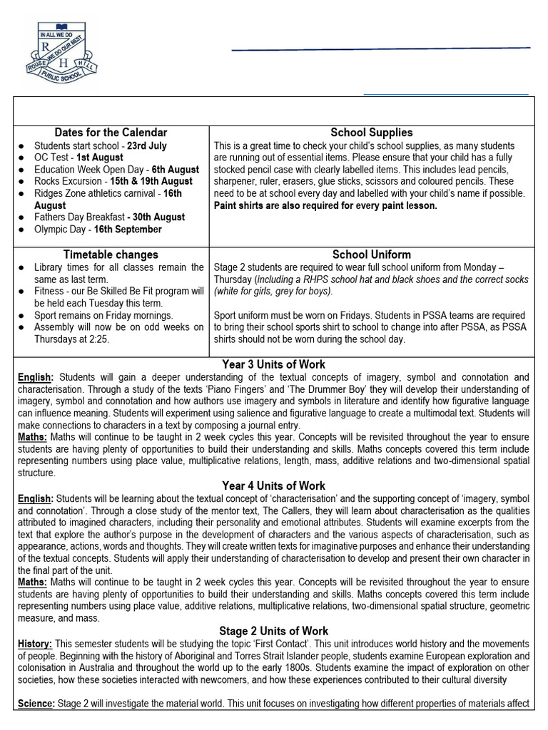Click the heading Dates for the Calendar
pos(111,133)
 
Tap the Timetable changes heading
pos(111,255)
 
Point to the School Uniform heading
pos(372,255)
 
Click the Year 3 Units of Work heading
pos(274,364)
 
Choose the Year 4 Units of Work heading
pos(274,486)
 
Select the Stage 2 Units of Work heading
pos(274,631)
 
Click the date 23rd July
pos(147,145)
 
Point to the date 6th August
pos(176,170)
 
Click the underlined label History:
pos(35,644)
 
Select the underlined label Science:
pos(36,704)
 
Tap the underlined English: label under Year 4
pos(35,499)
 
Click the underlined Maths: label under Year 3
pos(33,436)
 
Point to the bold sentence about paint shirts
pos(325,206)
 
